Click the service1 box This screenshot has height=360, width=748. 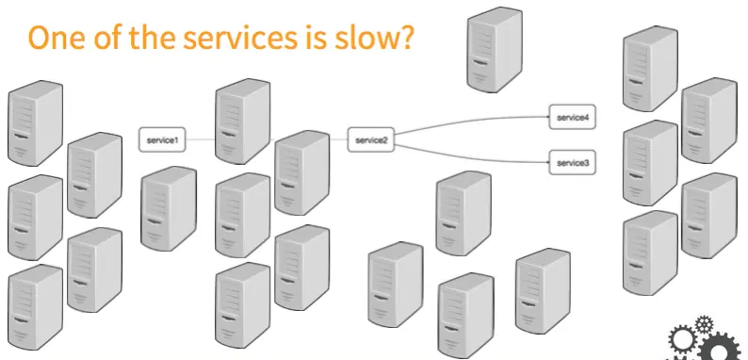[162, 139]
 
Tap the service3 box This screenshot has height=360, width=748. [572, 163]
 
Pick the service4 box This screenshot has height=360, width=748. [572, 118]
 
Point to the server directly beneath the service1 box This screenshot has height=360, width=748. [168, 208]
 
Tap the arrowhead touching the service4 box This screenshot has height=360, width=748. [547, 118]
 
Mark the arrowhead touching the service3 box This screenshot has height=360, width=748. [547, 163]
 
